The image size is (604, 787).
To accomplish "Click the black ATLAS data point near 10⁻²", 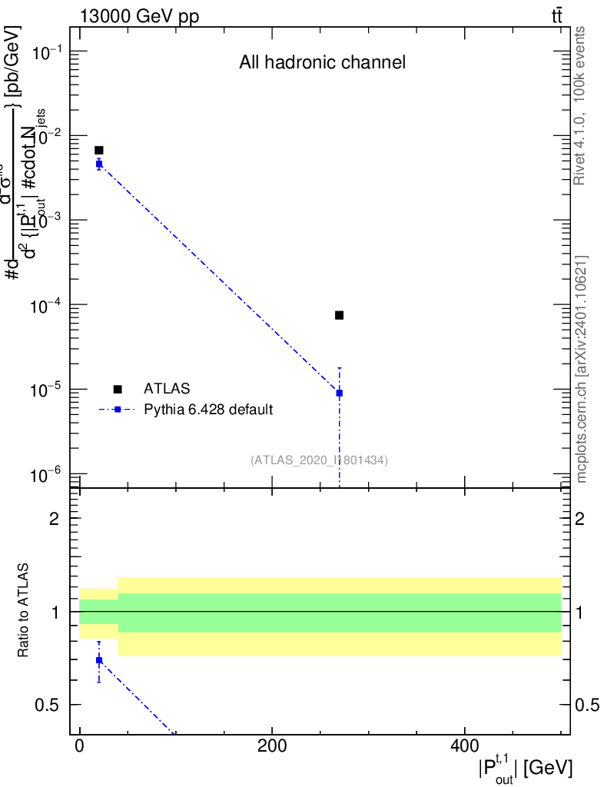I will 99,150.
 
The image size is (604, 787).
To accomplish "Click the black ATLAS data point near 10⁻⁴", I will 339,315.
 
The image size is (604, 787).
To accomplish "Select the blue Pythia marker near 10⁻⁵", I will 339,393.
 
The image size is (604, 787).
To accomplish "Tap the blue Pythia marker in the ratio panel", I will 99,660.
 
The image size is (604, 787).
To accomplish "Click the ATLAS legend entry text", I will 167,389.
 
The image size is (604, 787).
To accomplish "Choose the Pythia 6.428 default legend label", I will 208,410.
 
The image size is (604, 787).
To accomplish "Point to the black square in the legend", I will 118,389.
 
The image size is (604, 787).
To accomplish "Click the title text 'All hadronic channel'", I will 322,63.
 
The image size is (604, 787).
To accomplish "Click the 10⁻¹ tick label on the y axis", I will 48,52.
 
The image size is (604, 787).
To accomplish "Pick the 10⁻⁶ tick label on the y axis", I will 48,475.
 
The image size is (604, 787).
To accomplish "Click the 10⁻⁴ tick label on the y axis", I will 48,306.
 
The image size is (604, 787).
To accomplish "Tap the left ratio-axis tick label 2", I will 55,519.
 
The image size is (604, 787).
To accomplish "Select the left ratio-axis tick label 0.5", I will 48,706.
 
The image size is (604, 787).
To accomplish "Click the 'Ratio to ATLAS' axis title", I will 24,611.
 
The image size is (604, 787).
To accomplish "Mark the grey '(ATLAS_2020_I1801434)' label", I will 319,460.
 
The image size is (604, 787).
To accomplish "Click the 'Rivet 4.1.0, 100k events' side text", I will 580,105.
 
